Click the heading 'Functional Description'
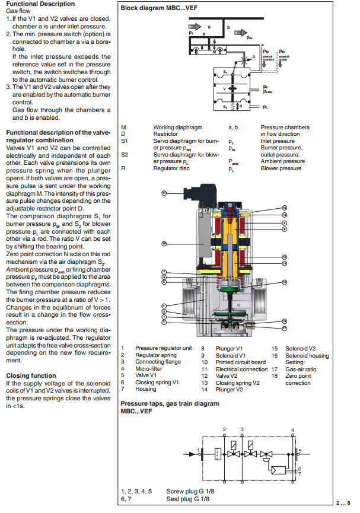coord(40,4)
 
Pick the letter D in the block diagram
coord(254,57)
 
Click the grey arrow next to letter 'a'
coord(197,27)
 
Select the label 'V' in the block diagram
coord(224,89)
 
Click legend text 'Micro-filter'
coord(148,369)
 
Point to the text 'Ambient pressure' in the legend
coord(283,161)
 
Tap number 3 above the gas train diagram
coord(242,428)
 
